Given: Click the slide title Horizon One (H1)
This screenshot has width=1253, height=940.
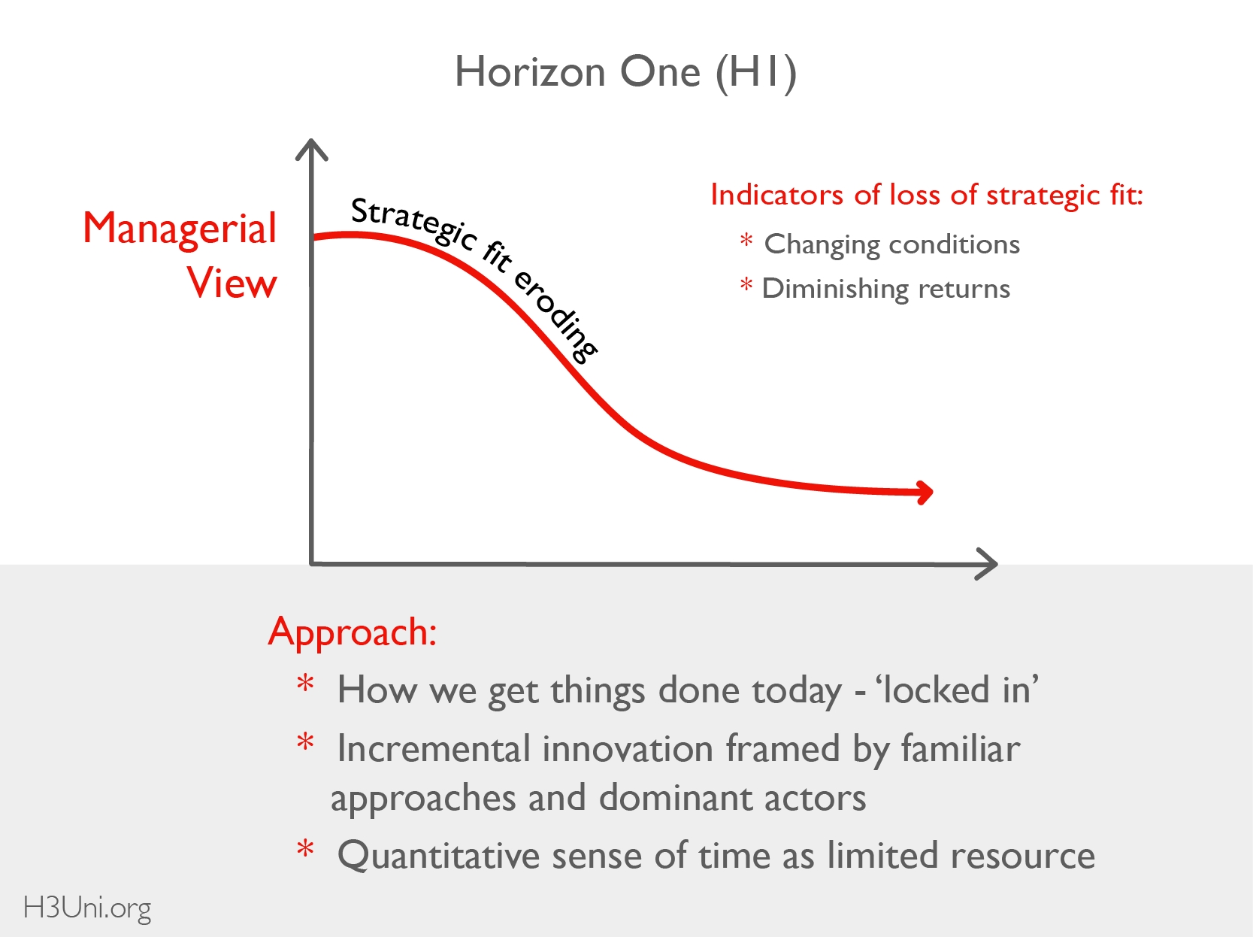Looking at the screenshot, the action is [x=625, y=72].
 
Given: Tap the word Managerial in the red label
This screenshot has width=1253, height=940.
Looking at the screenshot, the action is [x=180, y=229].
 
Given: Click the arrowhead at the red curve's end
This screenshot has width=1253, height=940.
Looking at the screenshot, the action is [x=923, y=493].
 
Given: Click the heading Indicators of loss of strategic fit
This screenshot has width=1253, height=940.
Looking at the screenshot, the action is [x=927, y=196].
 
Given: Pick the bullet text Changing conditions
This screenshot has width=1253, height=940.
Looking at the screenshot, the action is [x=891, y=245].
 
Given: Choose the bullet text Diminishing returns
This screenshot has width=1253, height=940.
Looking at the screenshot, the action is [x=886, y=289].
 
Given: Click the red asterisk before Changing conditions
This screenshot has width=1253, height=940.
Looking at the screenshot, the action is [x=746, y=241].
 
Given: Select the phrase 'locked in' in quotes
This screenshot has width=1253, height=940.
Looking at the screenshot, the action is [x=958, y=690].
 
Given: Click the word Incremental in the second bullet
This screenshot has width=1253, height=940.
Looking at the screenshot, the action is [x=434, y=749].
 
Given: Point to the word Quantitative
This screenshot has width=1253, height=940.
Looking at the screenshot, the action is [x=438, y=856].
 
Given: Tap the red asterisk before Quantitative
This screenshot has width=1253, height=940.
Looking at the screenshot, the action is [x=305, y=849].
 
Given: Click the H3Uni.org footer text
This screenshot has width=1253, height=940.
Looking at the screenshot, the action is [x=87, y=908].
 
